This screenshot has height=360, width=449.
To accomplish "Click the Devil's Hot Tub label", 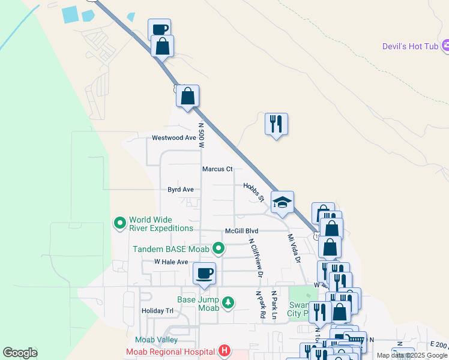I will click(x=411, y=46).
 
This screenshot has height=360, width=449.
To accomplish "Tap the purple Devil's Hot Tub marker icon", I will click(x=446, y=46).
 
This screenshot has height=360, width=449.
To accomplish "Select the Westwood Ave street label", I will click(x=174, y=137).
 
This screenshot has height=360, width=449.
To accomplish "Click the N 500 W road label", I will click(x=202, y=136).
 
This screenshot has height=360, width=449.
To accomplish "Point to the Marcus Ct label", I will click(x=217, y=169).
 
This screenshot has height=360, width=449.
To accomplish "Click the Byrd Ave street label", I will click(x=181, y=190).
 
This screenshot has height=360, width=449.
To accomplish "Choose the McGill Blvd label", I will click(x=241, y=231).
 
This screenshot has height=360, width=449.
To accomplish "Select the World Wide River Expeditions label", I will click(x=161, y=224).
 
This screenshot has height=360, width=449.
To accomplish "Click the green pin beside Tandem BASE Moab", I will click(x=219, y=248).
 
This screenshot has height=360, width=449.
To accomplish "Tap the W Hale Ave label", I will click(x=171, y=262).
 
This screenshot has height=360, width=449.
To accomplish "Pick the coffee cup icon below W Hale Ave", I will click(x=204, y=273).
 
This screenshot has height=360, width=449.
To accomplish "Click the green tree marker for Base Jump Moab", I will click(x=228, y=302).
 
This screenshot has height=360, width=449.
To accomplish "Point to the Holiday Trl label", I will click(x=157, y=311).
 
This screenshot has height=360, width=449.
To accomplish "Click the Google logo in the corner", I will click(x=20, y=353).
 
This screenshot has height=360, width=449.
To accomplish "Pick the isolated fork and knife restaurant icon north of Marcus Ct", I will click(x=276, y=124).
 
